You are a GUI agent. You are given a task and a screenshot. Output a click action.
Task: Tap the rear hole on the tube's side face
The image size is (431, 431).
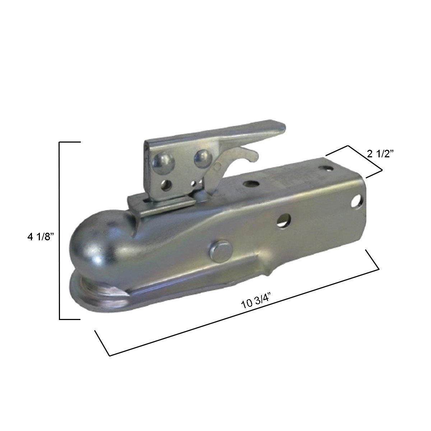357,199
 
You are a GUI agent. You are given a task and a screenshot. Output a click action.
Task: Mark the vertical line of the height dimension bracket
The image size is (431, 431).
60,230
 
